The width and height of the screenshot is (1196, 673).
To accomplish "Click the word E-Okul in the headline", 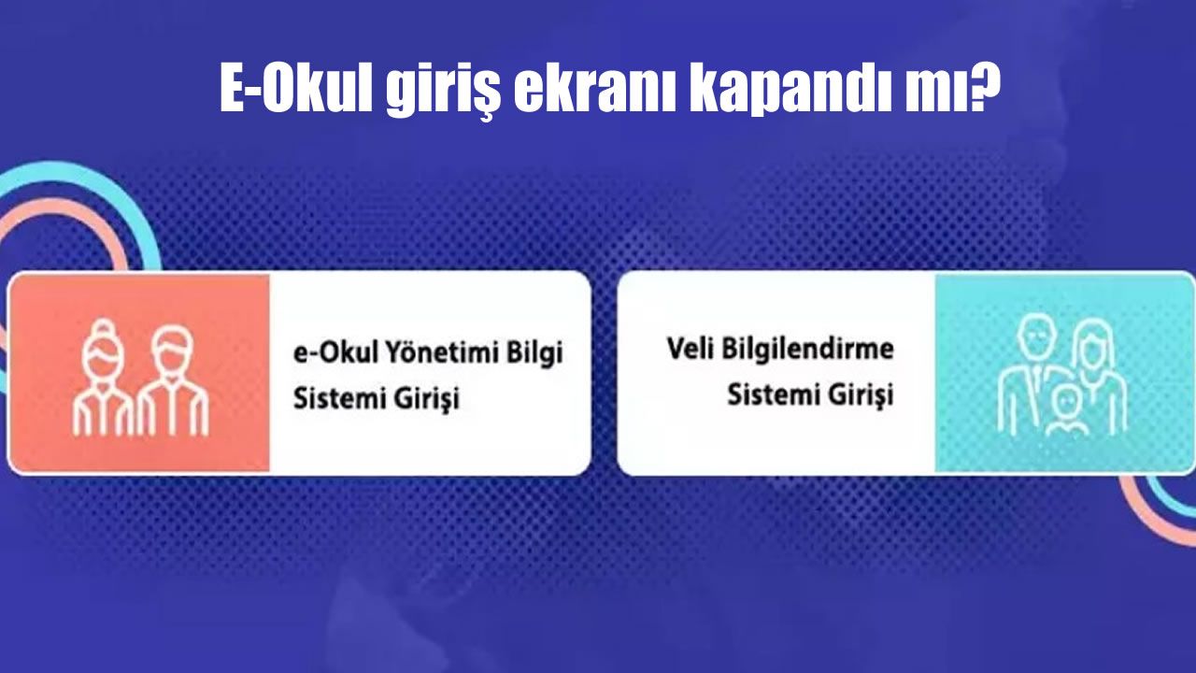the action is [x=296, y=89].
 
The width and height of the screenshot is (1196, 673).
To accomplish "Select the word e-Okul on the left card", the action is [x=335, y=353].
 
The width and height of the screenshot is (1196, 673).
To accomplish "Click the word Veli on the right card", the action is [x=691, y=349].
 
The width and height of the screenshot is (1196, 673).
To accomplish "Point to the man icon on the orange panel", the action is [x=173, y=379].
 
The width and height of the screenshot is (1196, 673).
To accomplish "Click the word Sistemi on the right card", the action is [x=775, y=395].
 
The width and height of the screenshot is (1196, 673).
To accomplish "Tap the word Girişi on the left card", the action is [x=427, y=399].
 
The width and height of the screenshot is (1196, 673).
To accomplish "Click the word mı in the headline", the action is [x=935, y=93].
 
